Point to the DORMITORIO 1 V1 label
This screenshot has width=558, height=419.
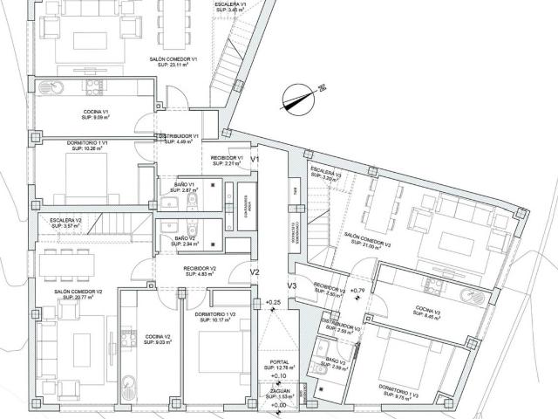coord(89,144)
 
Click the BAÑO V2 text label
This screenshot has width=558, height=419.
coord(184,241)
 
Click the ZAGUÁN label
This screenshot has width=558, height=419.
coord(281,393)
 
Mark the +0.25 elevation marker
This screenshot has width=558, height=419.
coord(273,302)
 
